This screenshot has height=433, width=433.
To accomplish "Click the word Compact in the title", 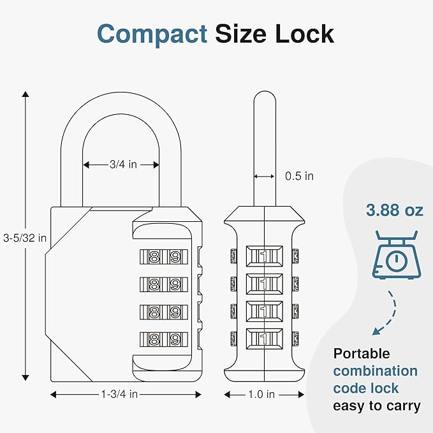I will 152,33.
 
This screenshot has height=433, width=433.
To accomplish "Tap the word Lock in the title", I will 304,33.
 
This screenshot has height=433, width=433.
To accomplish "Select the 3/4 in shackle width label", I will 122,165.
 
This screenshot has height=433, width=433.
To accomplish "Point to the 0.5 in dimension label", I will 299,177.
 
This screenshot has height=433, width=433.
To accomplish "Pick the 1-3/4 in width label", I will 119,394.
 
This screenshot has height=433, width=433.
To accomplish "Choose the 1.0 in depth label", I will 261,395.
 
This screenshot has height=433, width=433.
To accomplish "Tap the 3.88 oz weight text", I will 394,210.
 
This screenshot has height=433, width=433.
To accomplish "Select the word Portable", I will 362,353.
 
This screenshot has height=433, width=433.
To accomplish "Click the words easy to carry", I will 376,406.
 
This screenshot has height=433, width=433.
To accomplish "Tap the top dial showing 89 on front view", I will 163,257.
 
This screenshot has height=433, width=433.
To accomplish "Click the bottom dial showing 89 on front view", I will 163,339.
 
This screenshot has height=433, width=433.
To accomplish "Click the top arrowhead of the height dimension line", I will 26,94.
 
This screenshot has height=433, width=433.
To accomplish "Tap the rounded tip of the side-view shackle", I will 263,98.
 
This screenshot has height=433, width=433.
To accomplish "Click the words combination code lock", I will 375,379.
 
